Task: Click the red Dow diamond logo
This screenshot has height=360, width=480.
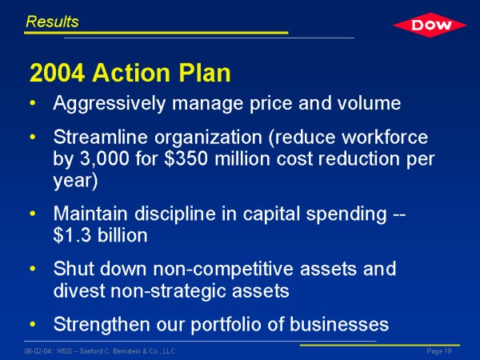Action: [x=430, y=25]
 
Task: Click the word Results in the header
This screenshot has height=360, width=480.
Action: [x=52, y=22]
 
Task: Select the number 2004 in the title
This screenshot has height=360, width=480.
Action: [x=58, y=73]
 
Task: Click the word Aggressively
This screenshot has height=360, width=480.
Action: [x=110, y=104]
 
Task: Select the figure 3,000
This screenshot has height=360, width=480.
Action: [x=104, y=159]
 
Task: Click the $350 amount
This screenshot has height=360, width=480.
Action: [x=186, y=158]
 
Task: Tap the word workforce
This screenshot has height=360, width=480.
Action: [x=385, y=137]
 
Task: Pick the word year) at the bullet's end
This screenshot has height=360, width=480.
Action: [x=75, y=182]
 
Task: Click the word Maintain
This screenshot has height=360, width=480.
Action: [x=90, y=213]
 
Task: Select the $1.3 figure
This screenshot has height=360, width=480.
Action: [x=72, y=235]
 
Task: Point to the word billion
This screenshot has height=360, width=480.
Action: [x=122, y=235]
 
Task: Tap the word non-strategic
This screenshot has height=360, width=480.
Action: [x=168, y=291]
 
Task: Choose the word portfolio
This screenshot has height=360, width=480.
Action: [x=226, y=325]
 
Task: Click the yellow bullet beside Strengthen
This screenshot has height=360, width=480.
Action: [x=33, y=324]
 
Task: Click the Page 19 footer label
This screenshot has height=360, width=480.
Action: [x=439, y=351]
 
